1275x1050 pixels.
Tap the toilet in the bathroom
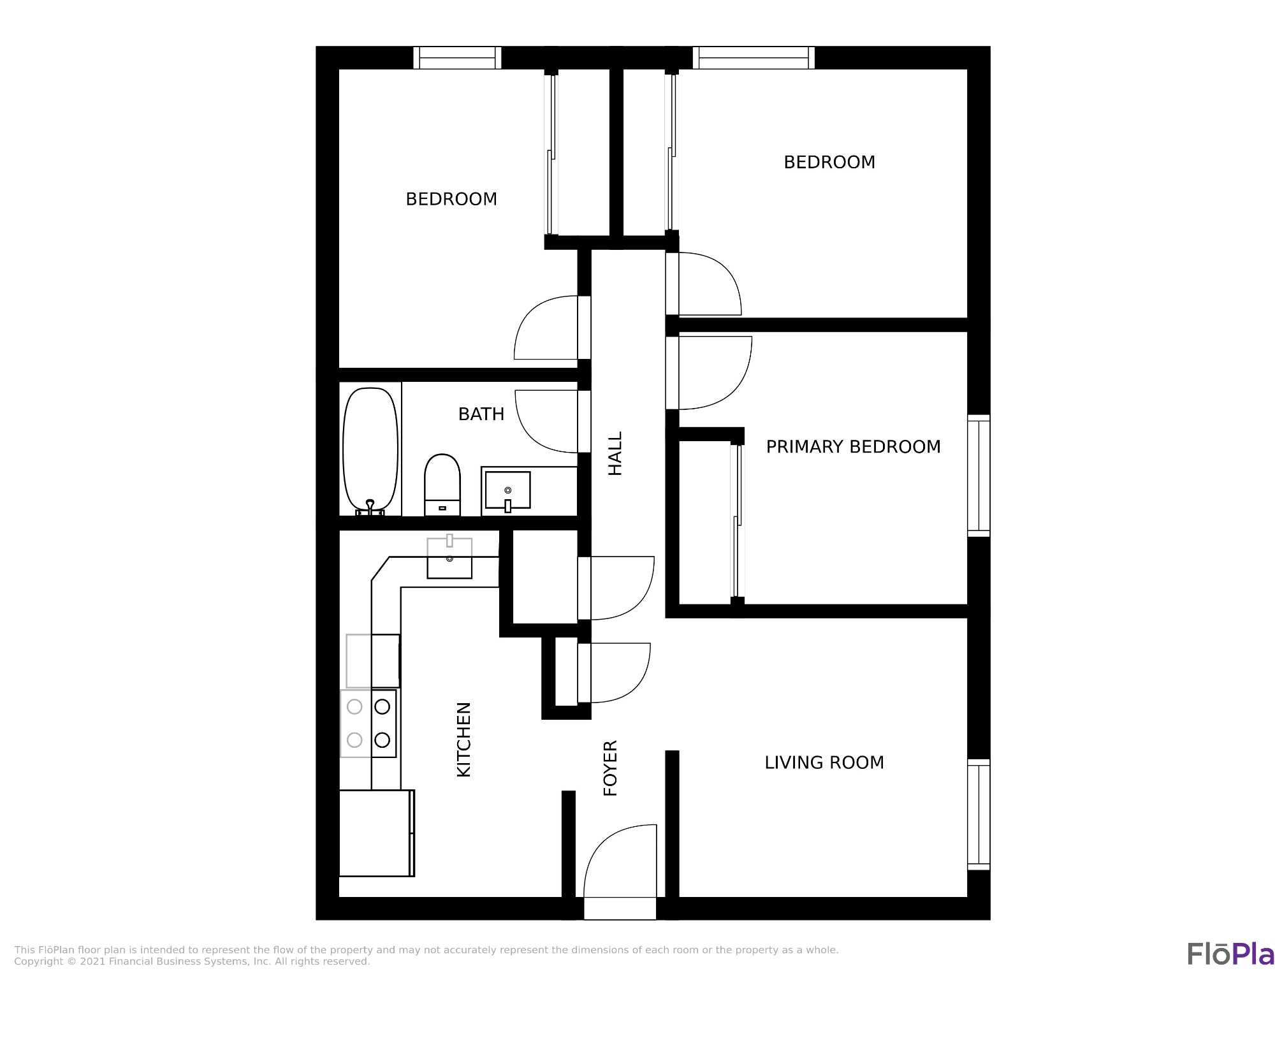click(442, 485)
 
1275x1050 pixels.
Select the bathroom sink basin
click(507, 490)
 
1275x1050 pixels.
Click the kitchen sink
click(449, 557)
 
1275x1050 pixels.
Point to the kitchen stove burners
click(368, 723)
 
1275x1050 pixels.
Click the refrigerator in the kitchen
click(376, 833)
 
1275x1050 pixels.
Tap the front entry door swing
click(620, 861)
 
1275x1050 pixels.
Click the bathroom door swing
click(546, 421)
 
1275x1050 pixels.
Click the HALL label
click(615, 453)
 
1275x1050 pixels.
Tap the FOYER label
click(611, 768)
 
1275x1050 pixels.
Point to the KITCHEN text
click(464, 740)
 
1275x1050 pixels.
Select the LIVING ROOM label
click(824, 762)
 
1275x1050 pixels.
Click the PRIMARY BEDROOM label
click(853, 447)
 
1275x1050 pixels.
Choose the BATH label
click(481, 414)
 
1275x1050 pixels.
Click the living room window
click(979, 814)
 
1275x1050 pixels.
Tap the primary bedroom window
click(979, 476)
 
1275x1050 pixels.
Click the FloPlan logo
click(1230, 954)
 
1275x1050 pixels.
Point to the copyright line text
click(192, 961)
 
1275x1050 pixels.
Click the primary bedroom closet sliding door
click(738, 521)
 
